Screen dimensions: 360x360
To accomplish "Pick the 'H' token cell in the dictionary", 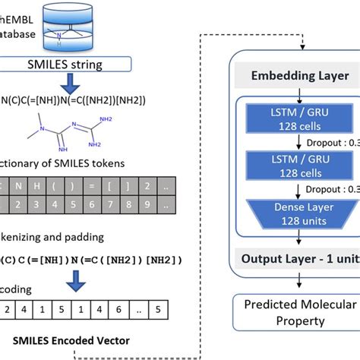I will tap(44, 186).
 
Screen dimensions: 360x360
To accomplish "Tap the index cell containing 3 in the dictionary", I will tap(44, 204).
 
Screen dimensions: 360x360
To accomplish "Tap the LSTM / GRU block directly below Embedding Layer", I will tap(285, 119).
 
